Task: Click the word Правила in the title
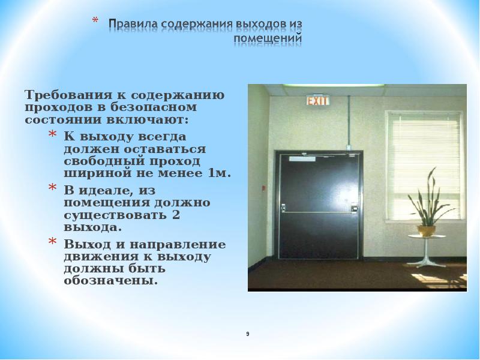pyautogui.click(x=128, y=24)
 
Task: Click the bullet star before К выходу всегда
pyautogui.click(x=53, y=136)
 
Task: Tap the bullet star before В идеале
pyautogui.click(x=53, y=190)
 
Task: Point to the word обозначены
pyautogui.click(x=112, y=280)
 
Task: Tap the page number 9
pyautogui.click(x=247, y=334)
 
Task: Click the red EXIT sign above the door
pyautogui.click(x=318, y=101)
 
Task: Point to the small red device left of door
pyautogui.click(x=263, y=188)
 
